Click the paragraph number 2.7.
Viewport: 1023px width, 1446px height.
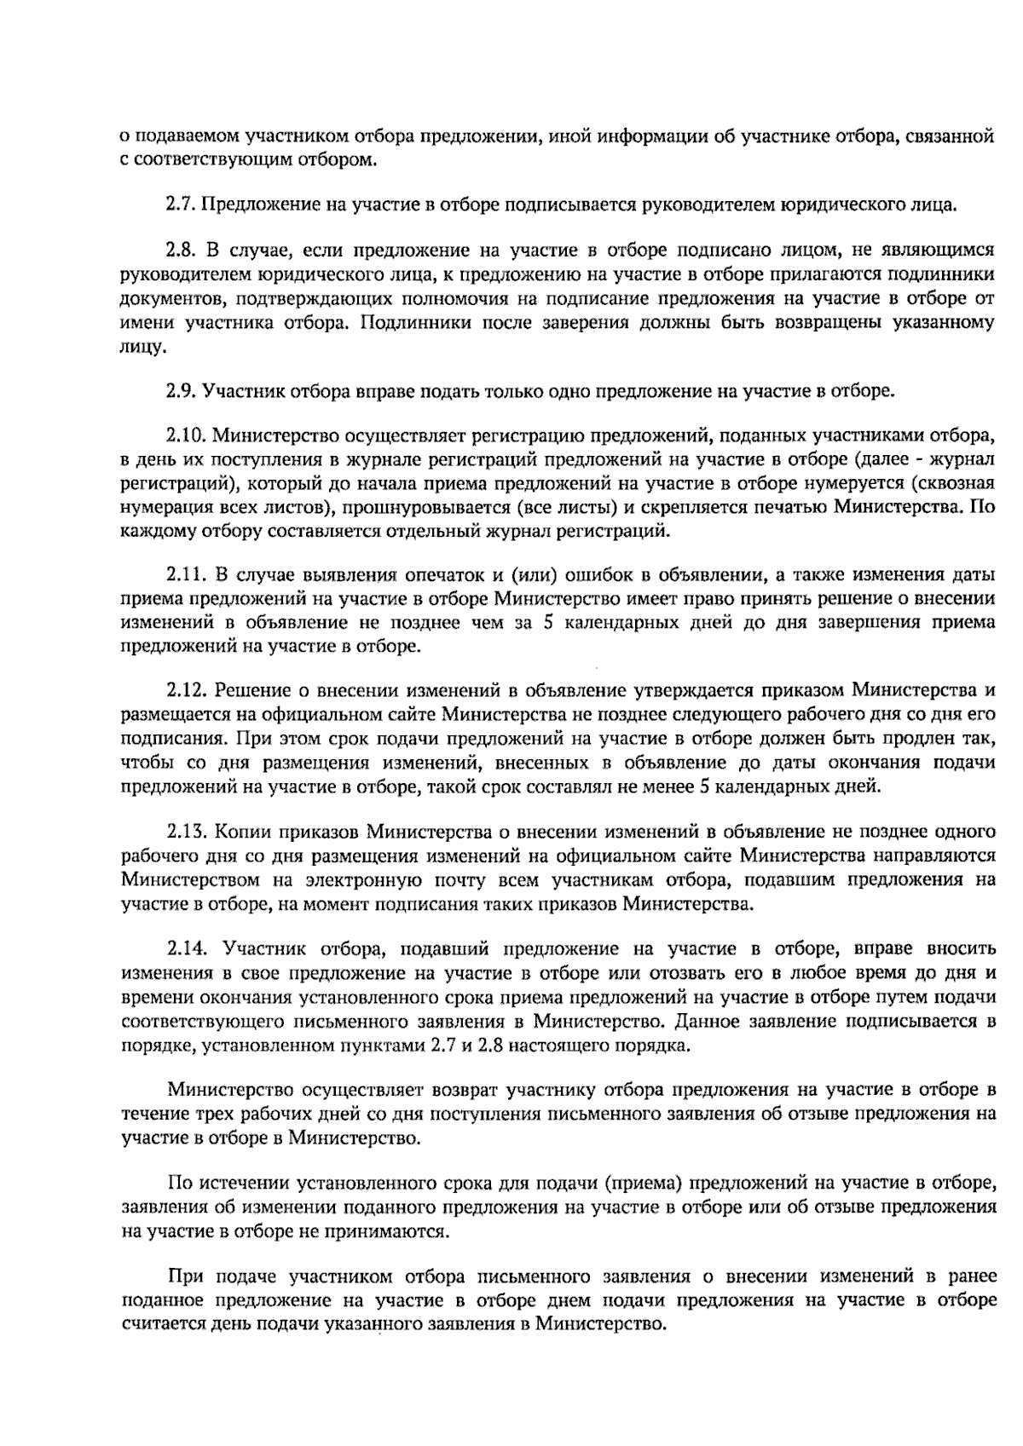coord(181,205)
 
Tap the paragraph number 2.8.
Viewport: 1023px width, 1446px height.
coord(181,251)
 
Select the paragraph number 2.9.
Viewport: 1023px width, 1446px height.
coord(181,391)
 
